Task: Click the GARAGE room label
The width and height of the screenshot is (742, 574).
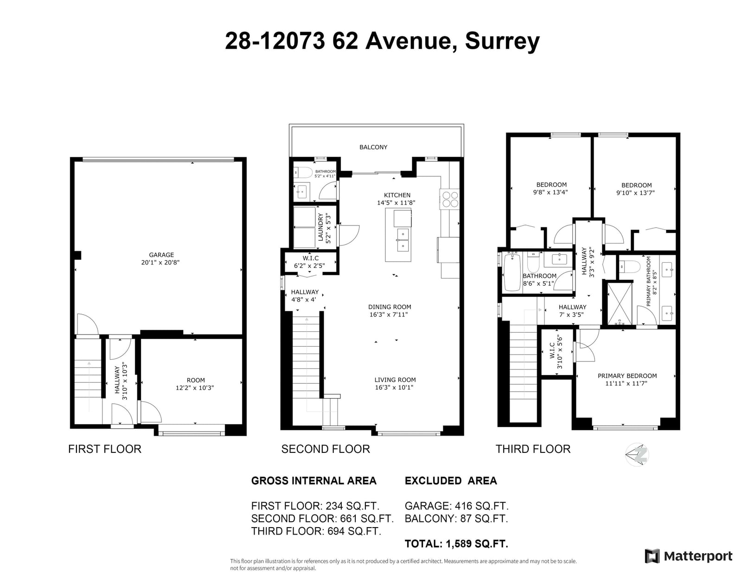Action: click(x=161, y=255)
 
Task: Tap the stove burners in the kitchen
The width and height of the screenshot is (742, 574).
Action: click(x=450, y=200)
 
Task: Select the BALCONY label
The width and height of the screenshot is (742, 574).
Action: click(x=373, y=147)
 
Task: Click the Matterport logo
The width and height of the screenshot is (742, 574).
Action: click(x=689, y=556)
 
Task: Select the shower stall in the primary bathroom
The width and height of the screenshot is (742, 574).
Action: click(x=620, y=303)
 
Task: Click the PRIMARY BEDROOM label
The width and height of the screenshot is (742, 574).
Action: click(x=627, y=376)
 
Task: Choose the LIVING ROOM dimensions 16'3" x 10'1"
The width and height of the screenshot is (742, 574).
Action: click(x=394, y=387)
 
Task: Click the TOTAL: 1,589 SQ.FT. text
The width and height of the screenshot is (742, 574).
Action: click(x=456, y=543)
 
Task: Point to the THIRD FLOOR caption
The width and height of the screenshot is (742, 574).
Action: click(x=533, y=449)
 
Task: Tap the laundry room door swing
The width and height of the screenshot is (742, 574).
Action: click(x=349, y=235)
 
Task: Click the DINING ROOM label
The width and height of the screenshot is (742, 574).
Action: click(x=390, y=307)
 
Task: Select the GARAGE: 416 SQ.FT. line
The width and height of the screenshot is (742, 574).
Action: click(x=457, y=506)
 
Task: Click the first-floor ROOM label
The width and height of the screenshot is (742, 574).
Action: click(x=196, y=381)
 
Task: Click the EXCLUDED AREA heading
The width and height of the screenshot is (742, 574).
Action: click(x=451, y=481)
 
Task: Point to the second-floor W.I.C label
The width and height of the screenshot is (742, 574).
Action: click(x=310, y=258)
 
